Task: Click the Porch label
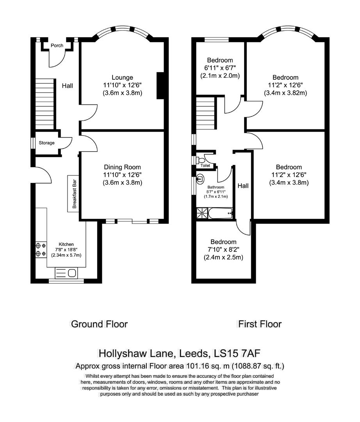tap(57, 46)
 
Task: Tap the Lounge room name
tap(122, 77)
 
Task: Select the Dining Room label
tap(122, 167)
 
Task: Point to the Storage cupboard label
tap(46, 143)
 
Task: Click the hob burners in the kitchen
tap(39, 250)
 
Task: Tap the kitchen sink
tap(66, 273)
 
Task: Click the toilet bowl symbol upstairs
tap(201, 160)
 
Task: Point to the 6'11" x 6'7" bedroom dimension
tap(220, 68)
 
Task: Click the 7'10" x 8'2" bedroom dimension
tap(223, 250)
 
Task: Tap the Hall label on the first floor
tap(243, 186)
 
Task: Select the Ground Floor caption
tap(99, 324)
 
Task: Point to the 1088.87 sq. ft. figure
tap(258, 367)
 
